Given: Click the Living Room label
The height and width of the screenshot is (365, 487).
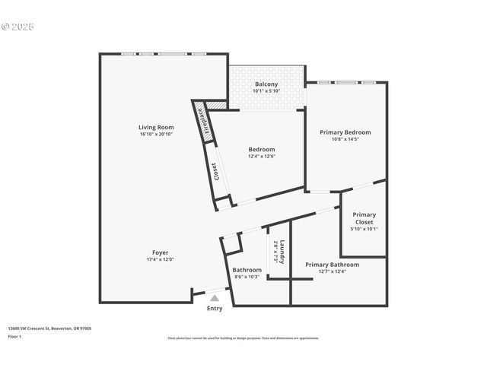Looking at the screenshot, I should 156,127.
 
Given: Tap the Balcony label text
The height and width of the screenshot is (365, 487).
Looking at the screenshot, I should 266,84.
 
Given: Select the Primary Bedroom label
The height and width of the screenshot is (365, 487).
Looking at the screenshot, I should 345,132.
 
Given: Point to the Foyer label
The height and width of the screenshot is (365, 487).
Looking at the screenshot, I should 160,252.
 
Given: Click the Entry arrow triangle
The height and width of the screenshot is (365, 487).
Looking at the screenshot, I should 215,298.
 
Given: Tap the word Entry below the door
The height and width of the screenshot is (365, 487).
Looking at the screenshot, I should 215,309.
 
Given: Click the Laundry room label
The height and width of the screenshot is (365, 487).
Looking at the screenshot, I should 282,252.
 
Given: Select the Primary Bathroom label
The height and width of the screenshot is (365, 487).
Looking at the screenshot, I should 333,265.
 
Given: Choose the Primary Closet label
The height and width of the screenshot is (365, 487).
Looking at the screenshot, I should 364,218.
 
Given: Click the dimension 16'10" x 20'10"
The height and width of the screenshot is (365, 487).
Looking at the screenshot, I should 156,135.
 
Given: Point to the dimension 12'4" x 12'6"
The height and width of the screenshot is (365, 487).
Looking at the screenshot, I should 262,157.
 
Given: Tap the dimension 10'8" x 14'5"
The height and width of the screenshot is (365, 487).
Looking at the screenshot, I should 345,140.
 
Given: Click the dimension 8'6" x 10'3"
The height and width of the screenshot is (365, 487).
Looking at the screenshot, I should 247,277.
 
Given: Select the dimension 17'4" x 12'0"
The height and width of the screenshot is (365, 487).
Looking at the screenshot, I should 160,260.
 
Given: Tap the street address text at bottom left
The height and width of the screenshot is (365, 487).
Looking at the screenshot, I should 49,328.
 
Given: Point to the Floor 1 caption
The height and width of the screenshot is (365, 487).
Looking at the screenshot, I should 15,336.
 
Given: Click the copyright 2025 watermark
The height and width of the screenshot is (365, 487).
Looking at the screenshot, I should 18,27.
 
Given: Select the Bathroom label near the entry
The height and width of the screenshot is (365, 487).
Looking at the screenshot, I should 247,270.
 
